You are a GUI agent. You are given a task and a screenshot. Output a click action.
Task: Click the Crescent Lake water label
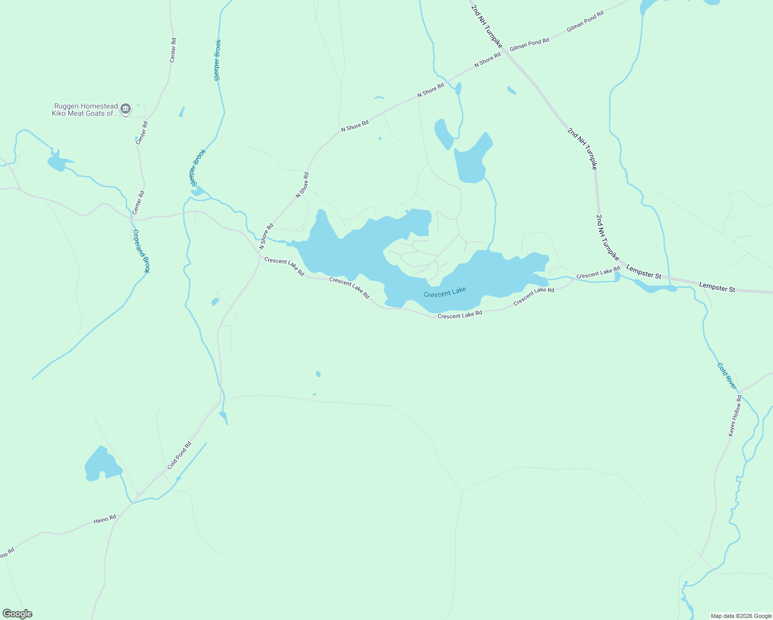tap(445, 292)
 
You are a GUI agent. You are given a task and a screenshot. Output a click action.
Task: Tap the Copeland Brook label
tap(141, 251)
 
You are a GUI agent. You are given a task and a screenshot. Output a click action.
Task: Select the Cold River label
tap(727, 376)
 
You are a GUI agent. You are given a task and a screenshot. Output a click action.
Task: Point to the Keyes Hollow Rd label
tap(735, 416)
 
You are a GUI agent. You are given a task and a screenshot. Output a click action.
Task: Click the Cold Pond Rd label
tap(179, 455)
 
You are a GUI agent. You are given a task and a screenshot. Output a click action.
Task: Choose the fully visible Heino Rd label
tap(105, 519)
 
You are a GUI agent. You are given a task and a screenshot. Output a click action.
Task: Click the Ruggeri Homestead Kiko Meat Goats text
tap(85, 110)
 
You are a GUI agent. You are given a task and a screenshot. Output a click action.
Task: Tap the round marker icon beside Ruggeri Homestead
tap(126, 109)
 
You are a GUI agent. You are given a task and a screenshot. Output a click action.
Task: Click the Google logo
tap(18, 614)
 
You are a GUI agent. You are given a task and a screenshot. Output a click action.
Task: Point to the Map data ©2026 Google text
tap(741, 616)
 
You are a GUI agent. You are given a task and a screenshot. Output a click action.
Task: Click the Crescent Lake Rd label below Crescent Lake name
tap(459, 315)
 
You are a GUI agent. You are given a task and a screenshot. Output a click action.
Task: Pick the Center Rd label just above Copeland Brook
tap(138, 203)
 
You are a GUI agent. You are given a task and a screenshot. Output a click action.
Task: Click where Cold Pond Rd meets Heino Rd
tap(133, 502)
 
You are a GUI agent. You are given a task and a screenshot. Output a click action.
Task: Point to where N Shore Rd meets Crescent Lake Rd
tap(259, 253)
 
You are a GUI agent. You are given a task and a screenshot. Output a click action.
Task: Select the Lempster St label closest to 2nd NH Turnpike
tap(643, 272)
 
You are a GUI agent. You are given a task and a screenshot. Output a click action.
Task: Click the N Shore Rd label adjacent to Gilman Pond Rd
tap(488, 60)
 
